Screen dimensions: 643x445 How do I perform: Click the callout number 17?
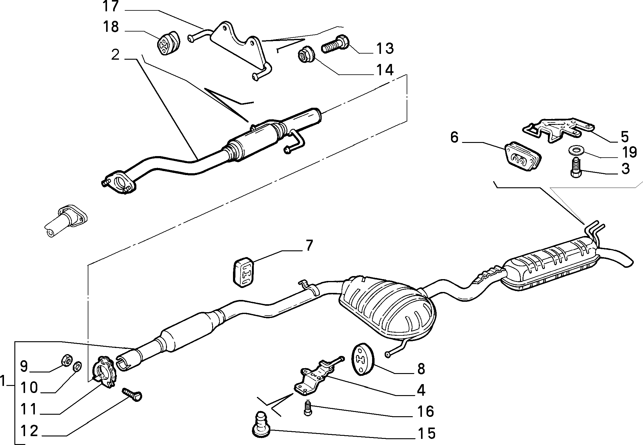(110, 7)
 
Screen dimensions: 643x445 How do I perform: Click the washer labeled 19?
(575, 150)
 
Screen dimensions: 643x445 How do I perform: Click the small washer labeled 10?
(78, 365)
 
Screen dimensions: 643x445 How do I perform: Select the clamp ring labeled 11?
(105, 372)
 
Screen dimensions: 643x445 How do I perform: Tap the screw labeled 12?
(132, 394)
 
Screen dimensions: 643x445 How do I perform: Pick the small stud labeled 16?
(308, 408)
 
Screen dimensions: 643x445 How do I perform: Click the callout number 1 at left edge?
(3, 381)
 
